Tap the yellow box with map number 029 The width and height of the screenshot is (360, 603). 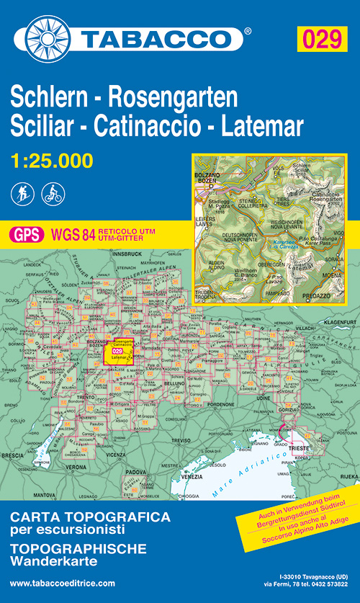tap(321, 39)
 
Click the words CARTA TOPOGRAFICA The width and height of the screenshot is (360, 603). tap(90, 517)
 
